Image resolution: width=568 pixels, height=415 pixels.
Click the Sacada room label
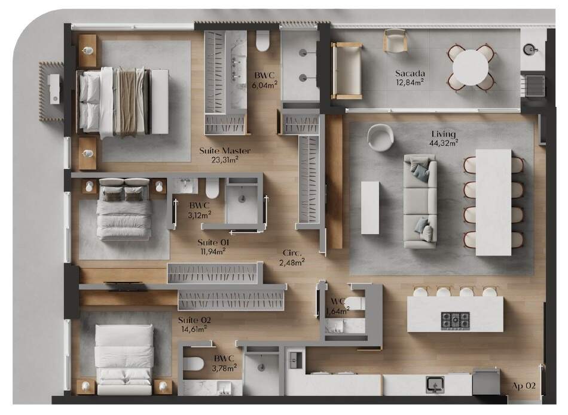pos(410,73)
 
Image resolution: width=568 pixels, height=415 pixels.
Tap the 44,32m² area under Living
pos(444,143)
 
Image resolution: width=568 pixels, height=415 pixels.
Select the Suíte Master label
pos(225,150)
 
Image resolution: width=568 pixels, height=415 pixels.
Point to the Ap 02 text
pos(523,386)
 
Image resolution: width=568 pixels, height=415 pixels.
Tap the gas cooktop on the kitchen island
pos(456,321)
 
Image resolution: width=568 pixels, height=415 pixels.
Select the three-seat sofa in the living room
pos(420,201)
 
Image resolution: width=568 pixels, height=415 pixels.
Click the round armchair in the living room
pos(380,137)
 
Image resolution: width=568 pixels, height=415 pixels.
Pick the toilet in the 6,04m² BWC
pos(262,41)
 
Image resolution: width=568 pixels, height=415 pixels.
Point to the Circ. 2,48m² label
pos(292,258)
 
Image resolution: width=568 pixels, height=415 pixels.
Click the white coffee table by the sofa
pos(370,208)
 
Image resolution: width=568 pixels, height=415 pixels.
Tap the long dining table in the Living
pos(493,202)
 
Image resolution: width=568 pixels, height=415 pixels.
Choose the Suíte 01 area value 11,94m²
pos(213,251)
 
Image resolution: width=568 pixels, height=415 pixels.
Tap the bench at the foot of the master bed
pos(160,102)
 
